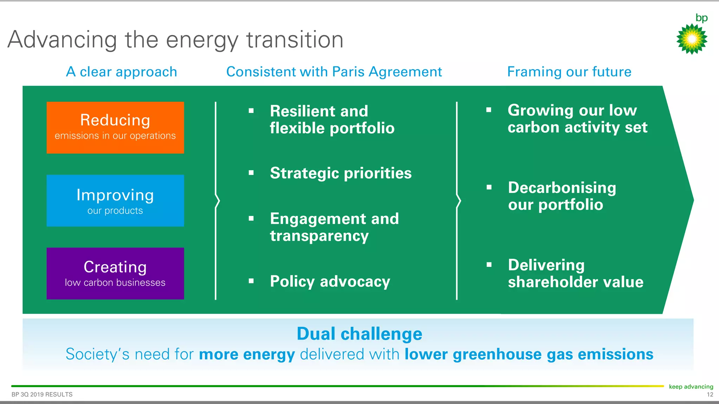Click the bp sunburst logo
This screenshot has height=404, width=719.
click(692, 39)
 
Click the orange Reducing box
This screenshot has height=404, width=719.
click(115, 127)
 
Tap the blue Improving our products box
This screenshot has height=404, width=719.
click(115, 200)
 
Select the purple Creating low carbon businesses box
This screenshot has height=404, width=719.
click(115, 273)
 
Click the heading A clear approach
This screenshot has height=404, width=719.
click(121, 72)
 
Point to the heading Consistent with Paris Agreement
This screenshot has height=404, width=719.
click(334, 72)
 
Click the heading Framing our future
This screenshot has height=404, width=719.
click(569, 72)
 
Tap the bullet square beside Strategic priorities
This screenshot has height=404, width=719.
click(251, 173)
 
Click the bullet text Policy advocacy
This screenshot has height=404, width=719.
click(330, 281)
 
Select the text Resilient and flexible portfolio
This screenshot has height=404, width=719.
click(332, 120)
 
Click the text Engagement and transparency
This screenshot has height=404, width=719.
click(334, 227)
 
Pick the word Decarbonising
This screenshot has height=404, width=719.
click(562, 188)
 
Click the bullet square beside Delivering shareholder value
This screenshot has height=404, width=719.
click(489, 265)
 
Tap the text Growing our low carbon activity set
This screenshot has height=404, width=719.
click(577, 119)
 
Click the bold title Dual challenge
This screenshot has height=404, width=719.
click(359, 334)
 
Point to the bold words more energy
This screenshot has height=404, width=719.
click(247, 354)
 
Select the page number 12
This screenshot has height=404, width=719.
click(710, 395)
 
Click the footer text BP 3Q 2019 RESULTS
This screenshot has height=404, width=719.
click(42, 395)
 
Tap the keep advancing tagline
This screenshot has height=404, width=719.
click(691, 386)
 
